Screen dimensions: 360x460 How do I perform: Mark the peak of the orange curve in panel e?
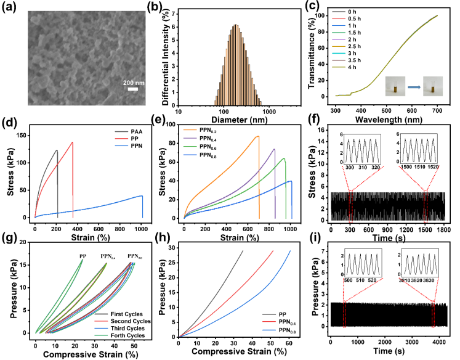point(258,136)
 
